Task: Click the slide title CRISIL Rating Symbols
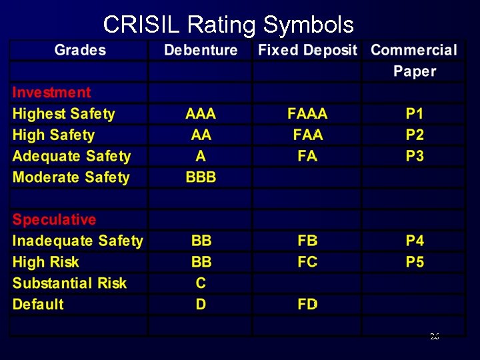228,25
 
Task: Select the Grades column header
80,50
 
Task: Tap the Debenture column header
201,50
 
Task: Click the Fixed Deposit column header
307,50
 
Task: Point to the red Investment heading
51,93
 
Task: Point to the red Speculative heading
54,219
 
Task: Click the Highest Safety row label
63,114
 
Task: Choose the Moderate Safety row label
71,177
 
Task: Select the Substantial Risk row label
69,283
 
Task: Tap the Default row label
38,305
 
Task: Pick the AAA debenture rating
201,114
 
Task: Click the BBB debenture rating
201,177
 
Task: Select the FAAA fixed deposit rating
307,114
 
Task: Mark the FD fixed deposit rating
307,305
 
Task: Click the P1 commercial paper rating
415,114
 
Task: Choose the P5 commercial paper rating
415,262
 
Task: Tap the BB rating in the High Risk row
201,262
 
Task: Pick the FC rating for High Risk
307,262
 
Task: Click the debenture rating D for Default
201,305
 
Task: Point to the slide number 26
434,337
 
